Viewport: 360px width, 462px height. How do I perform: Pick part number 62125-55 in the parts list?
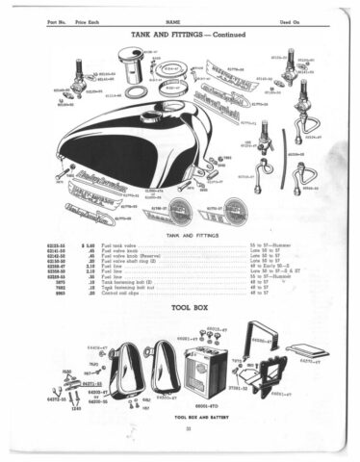click(x=56, y=247)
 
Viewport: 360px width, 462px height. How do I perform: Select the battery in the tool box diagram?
click(x=201, y=371)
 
